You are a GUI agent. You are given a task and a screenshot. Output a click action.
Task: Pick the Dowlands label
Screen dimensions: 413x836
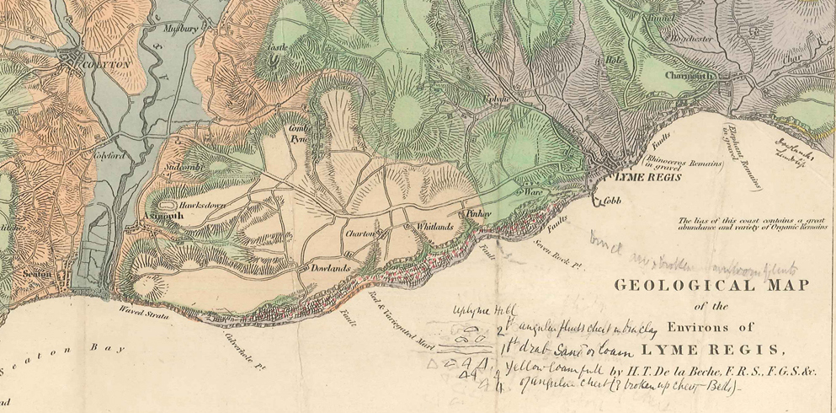coord(325,268)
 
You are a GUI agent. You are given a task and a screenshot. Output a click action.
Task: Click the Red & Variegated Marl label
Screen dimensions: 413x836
coord(411,327)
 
